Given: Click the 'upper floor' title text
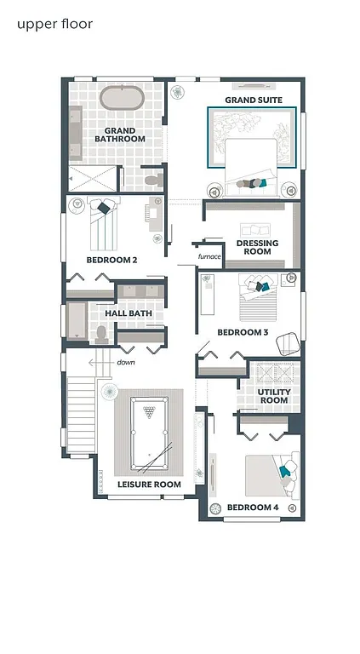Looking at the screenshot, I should click(54, 25).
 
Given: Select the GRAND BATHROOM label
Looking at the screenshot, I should click(119, 134).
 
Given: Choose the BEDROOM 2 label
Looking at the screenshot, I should click(111, 260).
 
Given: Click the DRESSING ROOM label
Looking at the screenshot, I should click(257, 248).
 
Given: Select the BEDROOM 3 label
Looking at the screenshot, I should click(243, 332).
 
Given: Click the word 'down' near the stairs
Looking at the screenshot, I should click(126, 362).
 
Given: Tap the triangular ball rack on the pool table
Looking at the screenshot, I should click(150, 415).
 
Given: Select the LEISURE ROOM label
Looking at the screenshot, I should click(149, 485).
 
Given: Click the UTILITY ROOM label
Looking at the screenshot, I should click(273, 395).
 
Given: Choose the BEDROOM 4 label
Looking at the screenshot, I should click(253, 508).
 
